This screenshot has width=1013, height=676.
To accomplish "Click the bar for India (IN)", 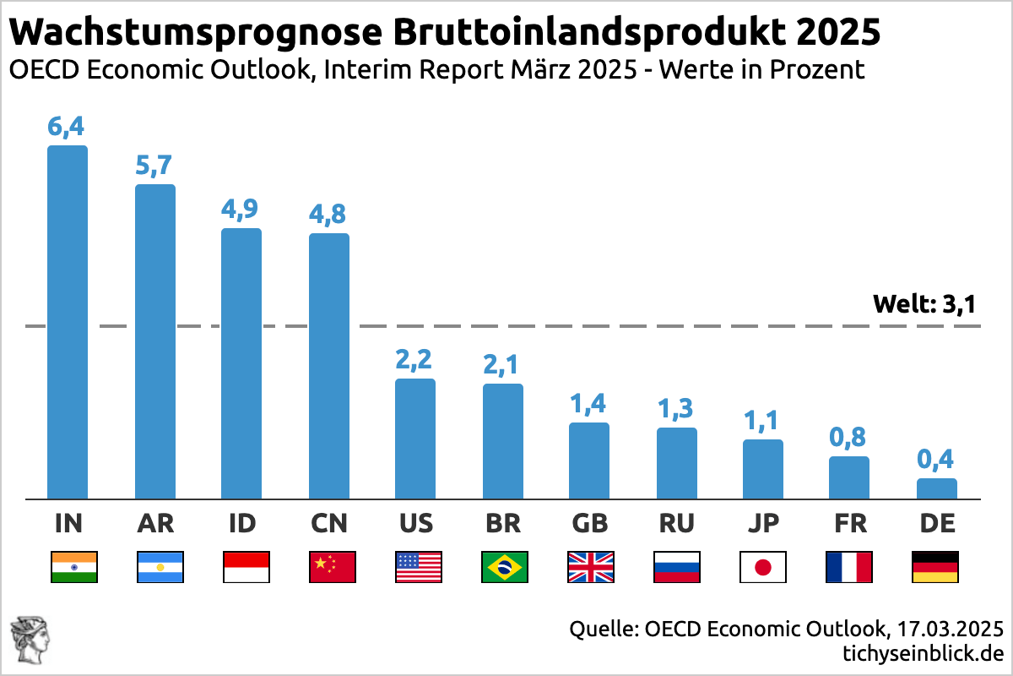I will point(68,322).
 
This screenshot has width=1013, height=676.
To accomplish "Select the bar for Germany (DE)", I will point(937,489).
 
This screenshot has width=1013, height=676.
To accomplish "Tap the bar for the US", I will point(415,439).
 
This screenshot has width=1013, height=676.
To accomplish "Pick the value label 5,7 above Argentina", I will point(155,166).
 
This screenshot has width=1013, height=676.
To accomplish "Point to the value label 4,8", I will point(329,215).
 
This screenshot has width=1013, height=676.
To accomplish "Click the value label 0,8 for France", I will point(849,438).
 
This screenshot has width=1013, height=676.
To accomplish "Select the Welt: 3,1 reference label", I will point(924,304).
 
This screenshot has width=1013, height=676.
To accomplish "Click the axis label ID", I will point(242,524).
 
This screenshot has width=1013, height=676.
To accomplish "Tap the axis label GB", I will point(590,524).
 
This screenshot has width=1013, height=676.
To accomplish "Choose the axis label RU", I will point(677,524).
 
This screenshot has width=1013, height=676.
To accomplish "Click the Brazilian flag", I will point(504,567).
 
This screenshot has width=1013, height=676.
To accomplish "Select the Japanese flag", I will point(763,567).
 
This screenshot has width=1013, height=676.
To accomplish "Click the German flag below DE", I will point(935,567).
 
